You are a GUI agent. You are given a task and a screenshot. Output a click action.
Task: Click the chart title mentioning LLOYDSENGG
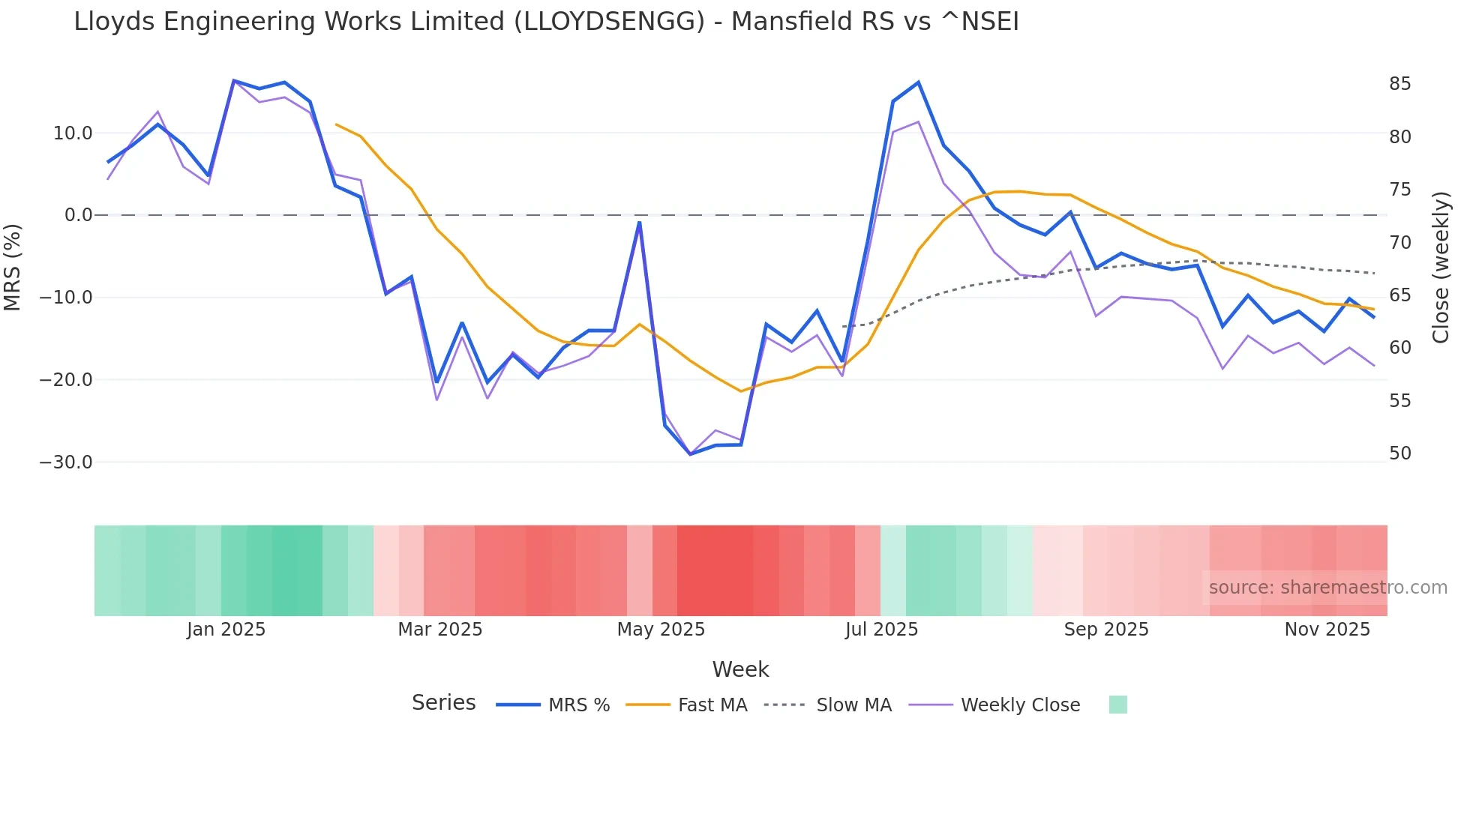click(x=546, y=22)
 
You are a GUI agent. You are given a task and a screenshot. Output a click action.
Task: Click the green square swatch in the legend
click(x=1117, y=705)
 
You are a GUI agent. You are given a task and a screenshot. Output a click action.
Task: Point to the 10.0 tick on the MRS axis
click(x=73, y=133)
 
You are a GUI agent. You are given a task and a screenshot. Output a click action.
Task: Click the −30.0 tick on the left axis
click(x=66, y=462)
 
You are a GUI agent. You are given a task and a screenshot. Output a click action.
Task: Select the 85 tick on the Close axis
click(x=1399, y=84)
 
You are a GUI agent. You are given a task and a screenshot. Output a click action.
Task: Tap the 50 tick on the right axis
click(x=1399, y=453)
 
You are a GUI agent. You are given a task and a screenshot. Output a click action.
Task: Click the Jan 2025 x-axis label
click(x=226, y=630)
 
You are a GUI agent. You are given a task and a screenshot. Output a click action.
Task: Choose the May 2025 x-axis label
click(x=661, y=630)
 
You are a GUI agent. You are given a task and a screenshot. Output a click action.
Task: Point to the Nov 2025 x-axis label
click(x=1327, y=630)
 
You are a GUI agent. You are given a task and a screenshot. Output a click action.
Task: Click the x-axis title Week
click(x=740, y=669)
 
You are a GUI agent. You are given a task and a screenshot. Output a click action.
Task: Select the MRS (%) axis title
click(x=13, y=267)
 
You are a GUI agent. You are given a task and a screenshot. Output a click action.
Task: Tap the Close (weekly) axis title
click(x=1441, y=268)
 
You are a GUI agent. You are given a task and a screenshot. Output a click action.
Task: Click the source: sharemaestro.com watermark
click(x=1327, y=588)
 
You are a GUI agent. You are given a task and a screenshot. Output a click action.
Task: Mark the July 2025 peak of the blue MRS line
click(x=918, y=82)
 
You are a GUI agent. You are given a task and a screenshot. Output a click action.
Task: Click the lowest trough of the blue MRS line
click(x=691, y=454)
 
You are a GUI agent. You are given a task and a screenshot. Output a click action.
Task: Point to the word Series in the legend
click(x=443, y=703)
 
